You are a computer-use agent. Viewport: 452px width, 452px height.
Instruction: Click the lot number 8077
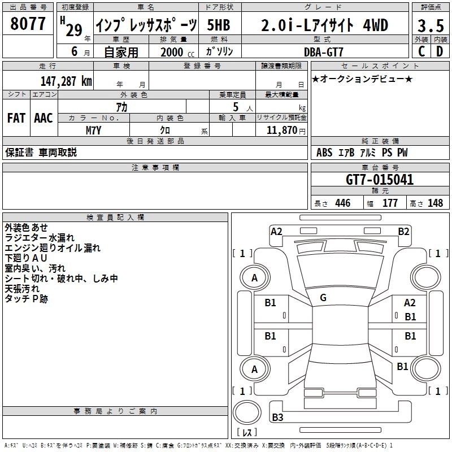[x=28, y=24]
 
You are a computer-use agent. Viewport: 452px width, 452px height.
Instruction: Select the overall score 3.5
[x=429, y=26]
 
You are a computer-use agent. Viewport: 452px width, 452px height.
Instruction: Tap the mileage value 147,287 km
[x=66, y=81]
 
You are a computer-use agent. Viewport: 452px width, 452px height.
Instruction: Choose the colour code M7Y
[x=94, y=130]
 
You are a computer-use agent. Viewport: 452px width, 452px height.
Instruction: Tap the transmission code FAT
[x=16, y=118]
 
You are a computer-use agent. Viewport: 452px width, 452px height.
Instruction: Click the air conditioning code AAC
[x=44, y=118]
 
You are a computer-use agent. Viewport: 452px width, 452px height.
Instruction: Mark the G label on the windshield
[x=323, y=297]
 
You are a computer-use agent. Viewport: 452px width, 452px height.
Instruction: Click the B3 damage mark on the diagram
[x=277, y=418]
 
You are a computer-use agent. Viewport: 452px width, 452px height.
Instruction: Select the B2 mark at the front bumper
[x=403, y=231]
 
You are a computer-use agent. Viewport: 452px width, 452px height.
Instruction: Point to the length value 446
[x=342, y=203]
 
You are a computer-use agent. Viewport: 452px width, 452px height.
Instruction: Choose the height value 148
[x=435, y=203]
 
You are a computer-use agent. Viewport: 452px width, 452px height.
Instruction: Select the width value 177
[x=390, y=203]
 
